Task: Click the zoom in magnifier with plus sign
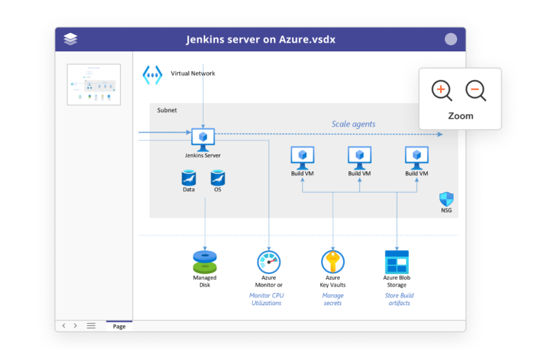click(x=441, y=90)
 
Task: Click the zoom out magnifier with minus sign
click(x=475, y=90)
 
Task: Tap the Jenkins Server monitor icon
click(x=203, y=137)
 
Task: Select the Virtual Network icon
click(x=152, y=75)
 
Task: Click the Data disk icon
click(x=189, y=177)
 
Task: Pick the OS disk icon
click(x=218, y=177)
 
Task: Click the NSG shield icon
click(x=446, y=200)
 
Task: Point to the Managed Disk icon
click(x=205, y=261)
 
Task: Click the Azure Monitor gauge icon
click(x=269, y=262)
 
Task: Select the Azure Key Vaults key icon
click(x=333, y=262)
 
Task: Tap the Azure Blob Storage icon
click(x=397, y=262)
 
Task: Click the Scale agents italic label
click(x=353, y=124)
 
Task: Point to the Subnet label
click(x=167, y=110)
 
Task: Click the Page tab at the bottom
click(x=119, y=326)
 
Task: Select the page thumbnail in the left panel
click(x=94, y=84)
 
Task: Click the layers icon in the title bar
click(x=71, y=39)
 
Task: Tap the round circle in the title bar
click(x=451, y=39)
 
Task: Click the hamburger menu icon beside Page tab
click(x=91, y=326)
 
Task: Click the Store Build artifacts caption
click(x=399, y=300)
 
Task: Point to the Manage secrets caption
click(x=333, y=300)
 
